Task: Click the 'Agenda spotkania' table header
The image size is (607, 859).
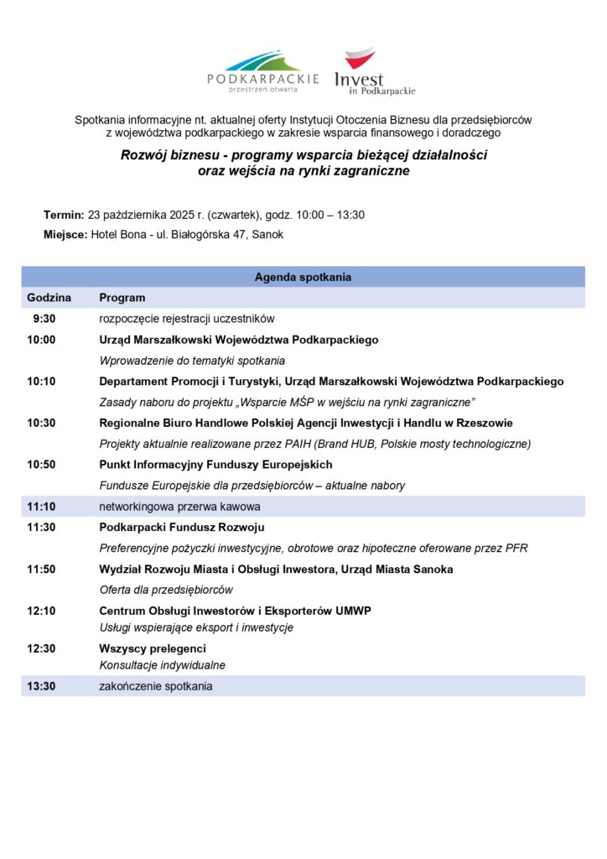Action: click(x=303, y=277)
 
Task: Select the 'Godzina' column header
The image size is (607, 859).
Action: click(x=49, y=298)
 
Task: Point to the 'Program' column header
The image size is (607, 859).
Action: click(x=122, y=298)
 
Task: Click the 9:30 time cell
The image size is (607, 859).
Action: click(x=44, y=319)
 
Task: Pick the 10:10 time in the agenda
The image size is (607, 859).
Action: click(x=41, y=381)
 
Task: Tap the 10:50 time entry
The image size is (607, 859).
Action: click(x=41, y=465)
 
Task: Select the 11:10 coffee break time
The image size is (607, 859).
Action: click(x=41, y=507)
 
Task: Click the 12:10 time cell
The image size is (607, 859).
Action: click(x=41, y=611)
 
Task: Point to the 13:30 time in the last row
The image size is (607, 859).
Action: click(x=41, y=686)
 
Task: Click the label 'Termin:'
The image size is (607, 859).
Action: click(x=64, y=215)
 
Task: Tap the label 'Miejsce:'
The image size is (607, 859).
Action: click(x=65, y=235)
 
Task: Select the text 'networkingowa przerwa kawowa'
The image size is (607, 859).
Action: click(x=179, y=507)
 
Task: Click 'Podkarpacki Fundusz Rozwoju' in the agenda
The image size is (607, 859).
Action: click(x=182, y=528)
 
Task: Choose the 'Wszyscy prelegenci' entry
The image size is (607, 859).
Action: click(x=153, y=648)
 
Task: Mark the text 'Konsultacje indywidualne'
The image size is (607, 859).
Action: click(x=163, y=665)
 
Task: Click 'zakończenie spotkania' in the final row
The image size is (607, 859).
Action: click(x=156, y=686)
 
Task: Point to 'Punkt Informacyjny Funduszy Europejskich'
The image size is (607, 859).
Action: click(x=215, y=465)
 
